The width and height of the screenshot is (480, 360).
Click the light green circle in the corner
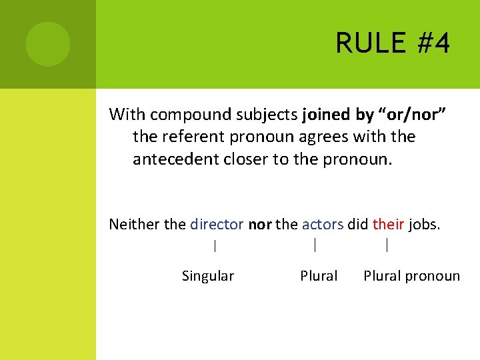click(48, 44)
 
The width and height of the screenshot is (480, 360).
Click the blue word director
click(217, 224)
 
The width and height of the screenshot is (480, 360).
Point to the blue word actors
click(322, 224)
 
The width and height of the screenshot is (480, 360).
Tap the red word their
click(388, 224)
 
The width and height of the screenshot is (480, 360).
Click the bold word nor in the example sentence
click(260, 224)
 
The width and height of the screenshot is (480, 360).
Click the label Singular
click(207, 276)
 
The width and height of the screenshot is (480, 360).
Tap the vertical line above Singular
click(215, 246)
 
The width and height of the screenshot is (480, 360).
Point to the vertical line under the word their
click(387, 245)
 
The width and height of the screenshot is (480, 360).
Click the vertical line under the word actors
click(315, 245)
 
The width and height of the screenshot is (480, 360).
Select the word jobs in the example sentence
click(424, 224)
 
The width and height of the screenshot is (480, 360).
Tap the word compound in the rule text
click(191, 115)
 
